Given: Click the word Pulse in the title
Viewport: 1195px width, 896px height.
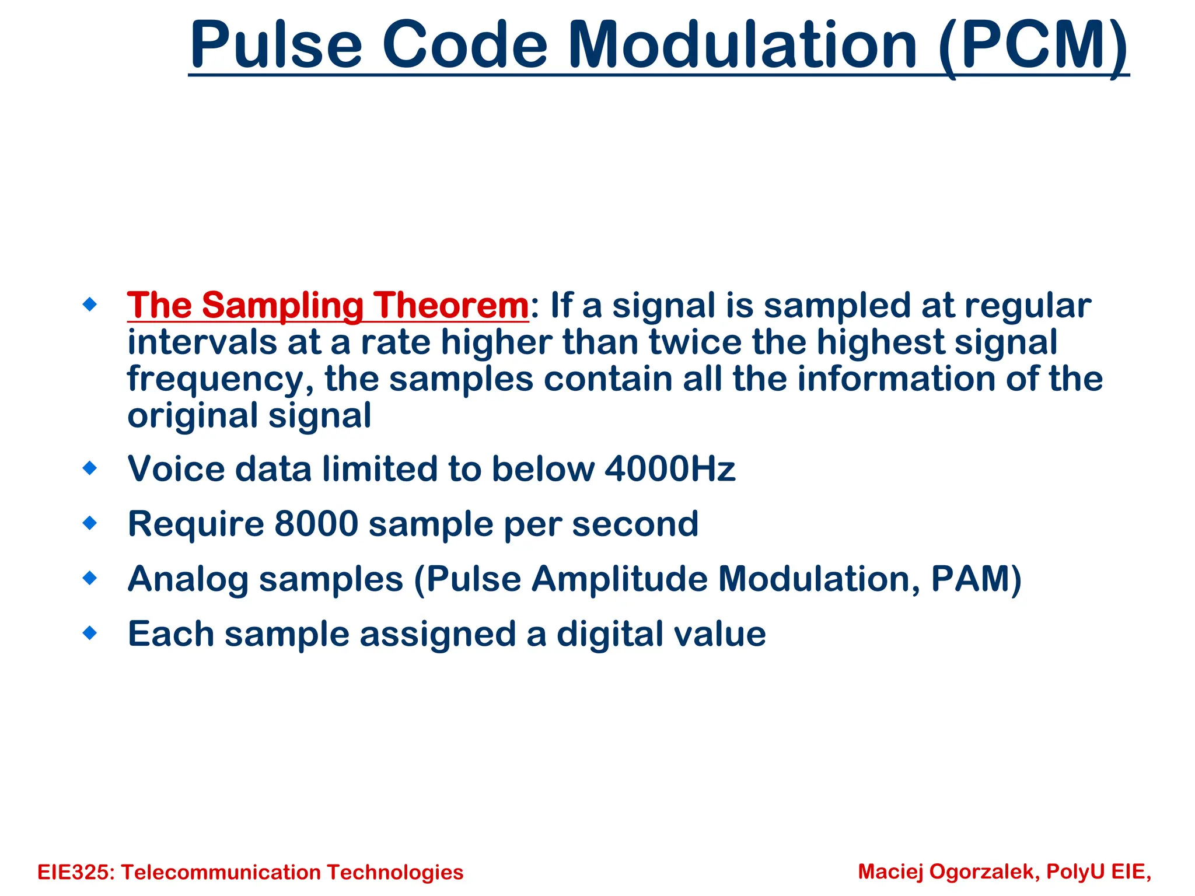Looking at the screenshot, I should (x=276, y=45).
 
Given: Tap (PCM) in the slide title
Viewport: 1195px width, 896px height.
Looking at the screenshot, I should (x=1033, y=45).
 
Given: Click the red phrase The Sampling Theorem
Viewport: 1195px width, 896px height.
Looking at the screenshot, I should (x=328, y=305).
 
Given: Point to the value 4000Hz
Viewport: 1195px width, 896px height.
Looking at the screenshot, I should (x=670, y=469).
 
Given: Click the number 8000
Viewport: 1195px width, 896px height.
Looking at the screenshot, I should (x=316, y=524).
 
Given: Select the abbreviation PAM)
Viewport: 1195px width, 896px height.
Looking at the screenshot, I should (x=976, y=579).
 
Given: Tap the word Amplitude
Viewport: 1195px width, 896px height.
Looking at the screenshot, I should (x=619, y=579).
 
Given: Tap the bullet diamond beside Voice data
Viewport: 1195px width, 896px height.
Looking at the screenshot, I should (x=90, y=468).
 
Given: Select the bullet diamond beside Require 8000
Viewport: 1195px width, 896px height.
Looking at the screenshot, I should (x=90, y=523).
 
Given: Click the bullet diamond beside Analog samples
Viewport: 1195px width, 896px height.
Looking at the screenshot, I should (x=90, y=578).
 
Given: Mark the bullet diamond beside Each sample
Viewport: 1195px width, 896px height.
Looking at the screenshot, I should (x=90, y=633).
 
